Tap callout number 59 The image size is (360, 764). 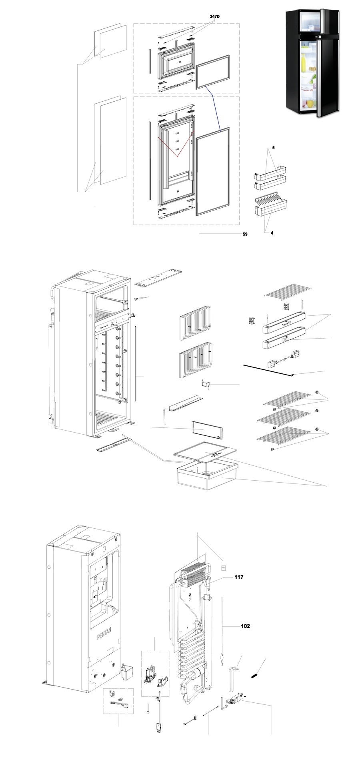(245, 234)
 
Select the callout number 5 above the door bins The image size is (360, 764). (274, 148)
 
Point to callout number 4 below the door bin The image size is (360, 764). (272, 233)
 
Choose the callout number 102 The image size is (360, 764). (245, 626)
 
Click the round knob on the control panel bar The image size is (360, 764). (287, 339)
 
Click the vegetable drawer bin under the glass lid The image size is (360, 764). (208, 476)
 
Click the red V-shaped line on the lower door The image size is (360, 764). (176, 148)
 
